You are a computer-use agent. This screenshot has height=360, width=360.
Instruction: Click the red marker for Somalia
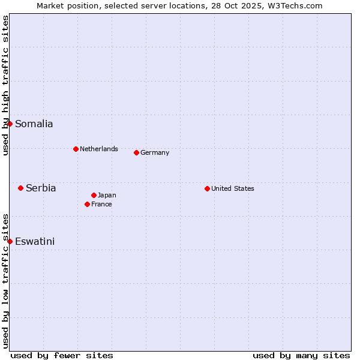click(x=10, y=124)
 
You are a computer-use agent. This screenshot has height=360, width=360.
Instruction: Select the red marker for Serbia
click(x=20, y=188)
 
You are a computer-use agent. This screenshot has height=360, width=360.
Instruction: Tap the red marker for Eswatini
click(x=10, y=241)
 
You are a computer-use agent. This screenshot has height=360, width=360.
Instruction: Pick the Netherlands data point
click(x=76, y=149)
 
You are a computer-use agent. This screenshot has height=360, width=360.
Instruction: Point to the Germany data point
click(x=136, y=152)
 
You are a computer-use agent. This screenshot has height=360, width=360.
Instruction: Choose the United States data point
click(x=207, y=188)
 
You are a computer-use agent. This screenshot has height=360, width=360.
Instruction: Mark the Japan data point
click(x=94, y=195)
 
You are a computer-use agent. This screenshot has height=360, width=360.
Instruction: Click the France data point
click(x=87, y=204)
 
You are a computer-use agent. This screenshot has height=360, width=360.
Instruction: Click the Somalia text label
click(x=34, y=124)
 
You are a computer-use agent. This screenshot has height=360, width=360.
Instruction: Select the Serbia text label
click(x=41, y=188)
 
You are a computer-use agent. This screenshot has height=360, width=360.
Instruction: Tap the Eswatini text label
click(x=35, y=242)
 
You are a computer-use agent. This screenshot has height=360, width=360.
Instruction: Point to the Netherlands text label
click(x=99, y=149)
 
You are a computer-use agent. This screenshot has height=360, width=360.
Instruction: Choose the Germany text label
click(x=155, y=152)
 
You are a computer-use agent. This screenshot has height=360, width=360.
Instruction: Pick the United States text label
click(x=233, y=188)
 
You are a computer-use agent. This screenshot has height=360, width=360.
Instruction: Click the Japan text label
click(x=107, y=195)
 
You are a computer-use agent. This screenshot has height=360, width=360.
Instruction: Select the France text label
click(x=101, y=204)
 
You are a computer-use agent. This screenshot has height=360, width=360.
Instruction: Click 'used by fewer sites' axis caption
click(x=62, y=355)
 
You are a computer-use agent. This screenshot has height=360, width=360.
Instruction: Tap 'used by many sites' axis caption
click(x=301, y=355)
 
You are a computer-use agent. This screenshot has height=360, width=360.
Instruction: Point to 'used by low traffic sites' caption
click(x=5, y=281)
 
